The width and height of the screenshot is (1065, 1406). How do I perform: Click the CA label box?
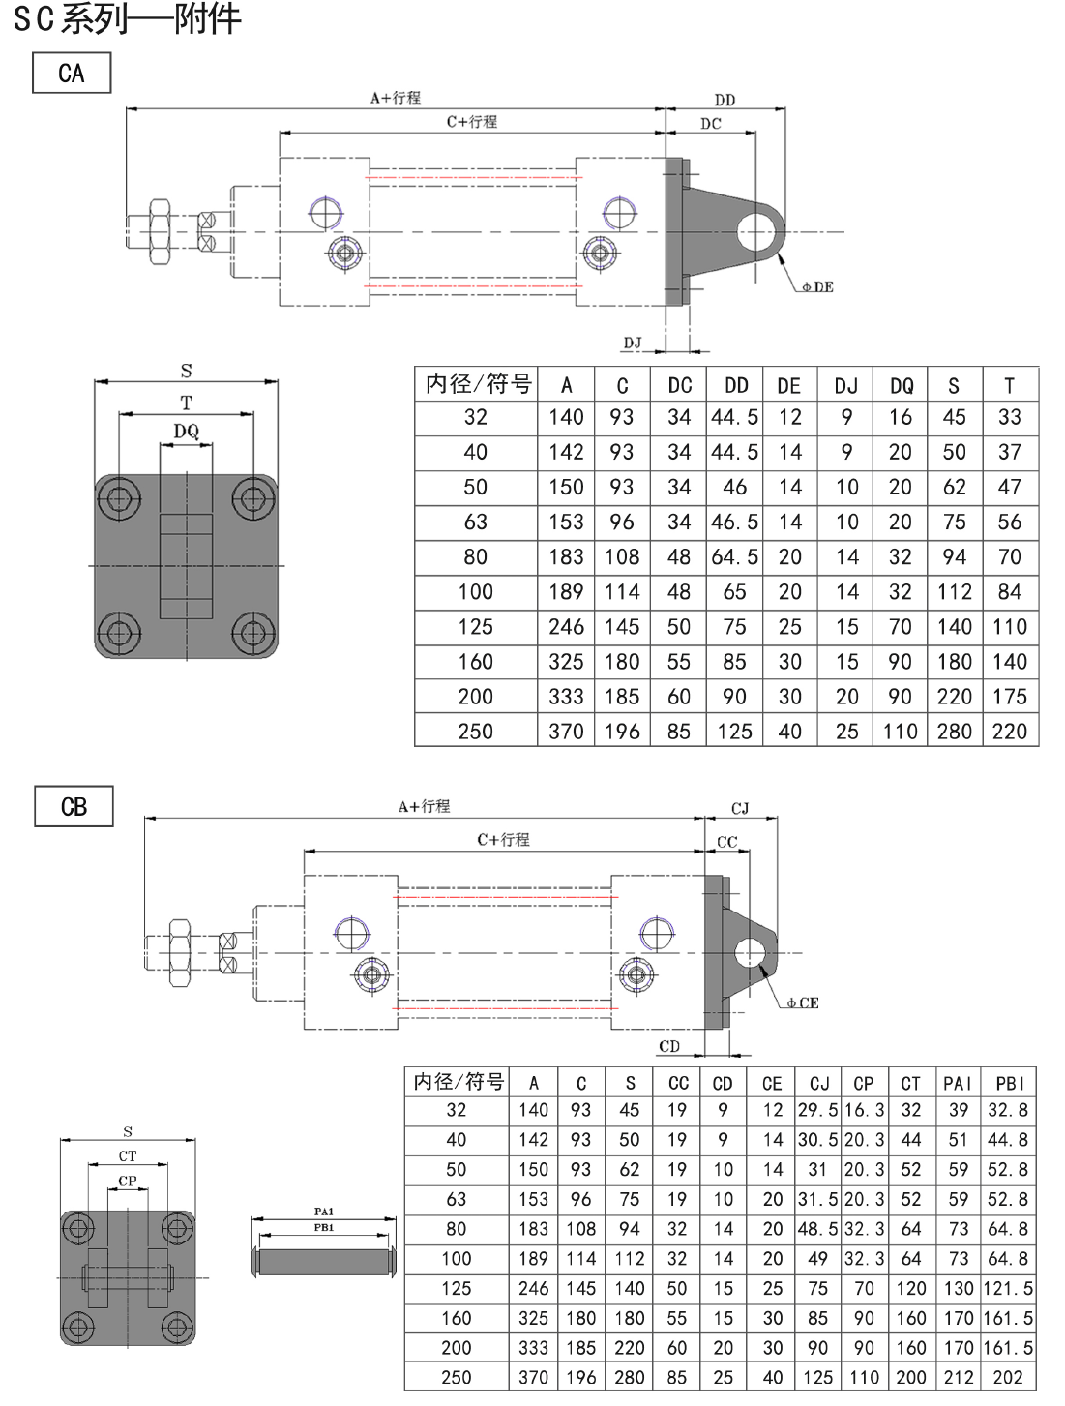pos(72,73)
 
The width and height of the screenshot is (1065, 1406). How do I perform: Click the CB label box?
pos(74,806)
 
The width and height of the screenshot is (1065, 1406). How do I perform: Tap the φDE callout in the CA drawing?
pos(817,286)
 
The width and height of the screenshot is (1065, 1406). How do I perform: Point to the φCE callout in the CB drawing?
pos(803,1002)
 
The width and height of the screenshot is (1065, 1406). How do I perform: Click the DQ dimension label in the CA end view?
pos(187,431)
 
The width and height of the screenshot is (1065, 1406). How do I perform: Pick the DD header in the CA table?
pos(736,385)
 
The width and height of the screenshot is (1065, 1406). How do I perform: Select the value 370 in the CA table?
pos(566,732)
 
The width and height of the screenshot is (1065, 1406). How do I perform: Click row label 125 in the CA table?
pos(475,627)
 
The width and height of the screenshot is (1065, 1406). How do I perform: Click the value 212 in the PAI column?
pos(958,1377)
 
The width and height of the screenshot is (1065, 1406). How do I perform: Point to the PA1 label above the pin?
pos(324,1211)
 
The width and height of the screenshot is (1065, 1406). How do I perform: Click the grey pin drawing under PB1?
pos(324,1262)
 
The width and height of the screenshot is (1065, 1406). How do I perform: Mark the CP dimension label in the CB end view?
pos(128,1181)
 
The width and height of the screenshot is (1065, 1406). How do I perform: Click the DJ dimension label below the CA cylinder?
pos(633,343)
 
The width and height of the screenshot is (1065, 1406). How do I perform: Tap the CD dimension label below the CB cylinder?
pos(669,1046)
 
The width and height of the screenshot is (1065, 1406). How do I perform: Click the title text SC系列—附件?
pos(127,18)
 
